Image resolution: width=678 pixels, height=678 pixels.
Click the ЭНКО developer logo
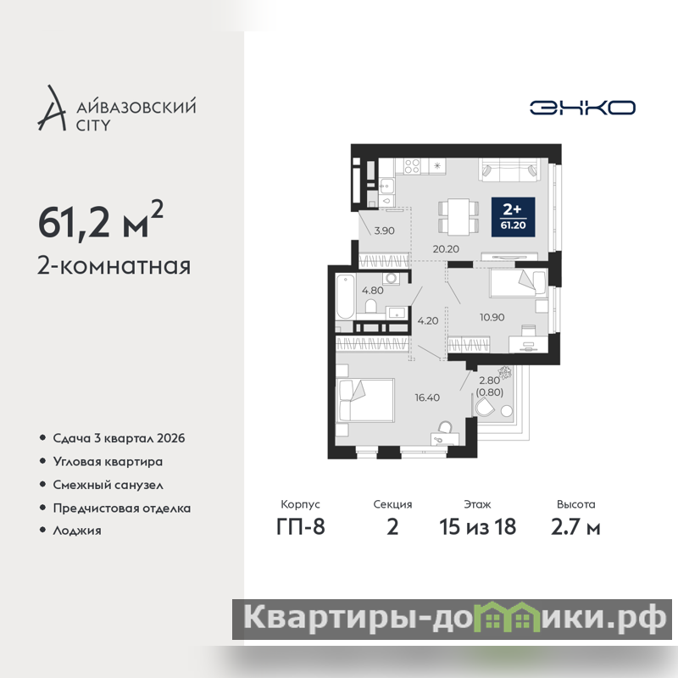click(x=582, y=108)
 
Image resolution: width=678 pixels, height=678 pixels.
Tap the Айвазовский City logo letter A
click(x=52, y=108)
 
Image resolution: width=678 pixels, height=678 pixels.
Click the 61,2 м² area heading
click(x=101, y=220)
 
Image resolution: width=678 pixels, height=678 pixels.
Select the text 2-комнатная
click(x=114, y=265)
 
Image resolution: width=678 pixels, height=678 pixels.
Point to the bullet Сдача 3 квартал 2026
click(x=119, y=438)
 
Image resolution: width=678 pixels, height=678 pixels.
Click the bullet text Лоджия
click(x=77, y=531)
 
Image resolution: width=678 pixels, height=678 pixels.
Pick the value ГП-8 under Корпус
click(x=301, y=527)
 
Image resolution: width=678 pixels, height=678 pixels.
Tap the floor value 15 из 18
click(x=478, y=527)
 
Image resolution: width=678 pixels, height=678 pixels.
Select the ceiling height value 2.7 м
click(x=575, y=527)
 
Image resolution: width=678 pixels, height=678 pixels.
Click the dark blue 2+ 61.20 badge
click(x=514, y=217)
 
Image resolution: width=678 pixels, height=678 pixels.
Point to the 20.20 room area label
click(x=446, y=249)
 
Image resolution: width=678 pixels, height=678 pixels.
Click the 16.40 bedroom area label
click(x=427, y=397)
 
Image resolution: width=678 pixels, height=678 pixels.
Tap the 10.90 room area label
click(x=492, y=317)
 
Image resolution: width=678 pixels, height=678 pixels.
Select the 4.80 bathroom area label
click(x=373, y=291)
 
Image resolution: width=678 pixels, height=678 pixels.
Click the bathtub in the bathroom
click(x=345, y=297)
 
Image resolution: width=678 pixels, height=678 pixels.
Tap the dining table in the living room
click(x=458, y=216)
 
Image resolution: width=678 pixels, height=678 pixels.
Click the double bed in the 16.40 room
click(x=366, y=400)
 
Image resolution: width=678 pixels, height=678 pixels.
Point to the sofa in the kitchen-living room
click(x=509, y=170)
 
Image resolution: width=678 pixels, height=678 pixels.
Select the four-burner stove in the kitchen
click(x=412, y=166)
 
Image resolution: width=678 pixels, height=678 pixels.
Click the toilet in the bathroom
click(x=370, y=306)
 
